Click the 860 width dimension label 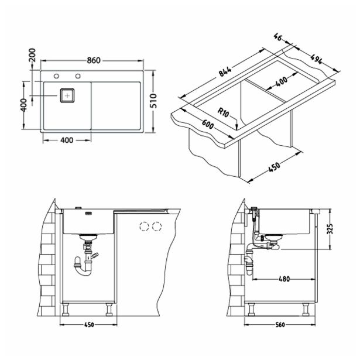(94, 60)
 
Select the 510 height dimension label (153, 101)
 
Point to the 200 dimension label (32, 55)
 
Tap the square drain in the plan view (67, 95)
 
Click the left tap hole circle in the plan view (56, 76)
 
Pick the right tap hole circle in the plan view (78, 76)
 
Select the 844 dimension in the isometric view (225, 70)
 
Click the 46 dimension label (278, 37)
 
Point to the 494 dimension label (316, 59)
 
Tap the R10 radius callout (223, 112)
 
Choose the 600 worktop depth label (208, 125)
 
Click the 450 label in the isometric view (274, 167)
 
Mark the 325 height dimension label (330, 229)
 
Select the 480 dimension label (284, 279)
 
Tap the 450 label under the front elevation (89, 325)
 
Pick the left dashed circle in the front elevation (144, 227)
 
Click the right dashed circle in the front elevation (157, 227)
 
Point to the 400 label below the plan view (67, 140)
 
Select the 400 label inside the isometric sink (282, 81)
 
